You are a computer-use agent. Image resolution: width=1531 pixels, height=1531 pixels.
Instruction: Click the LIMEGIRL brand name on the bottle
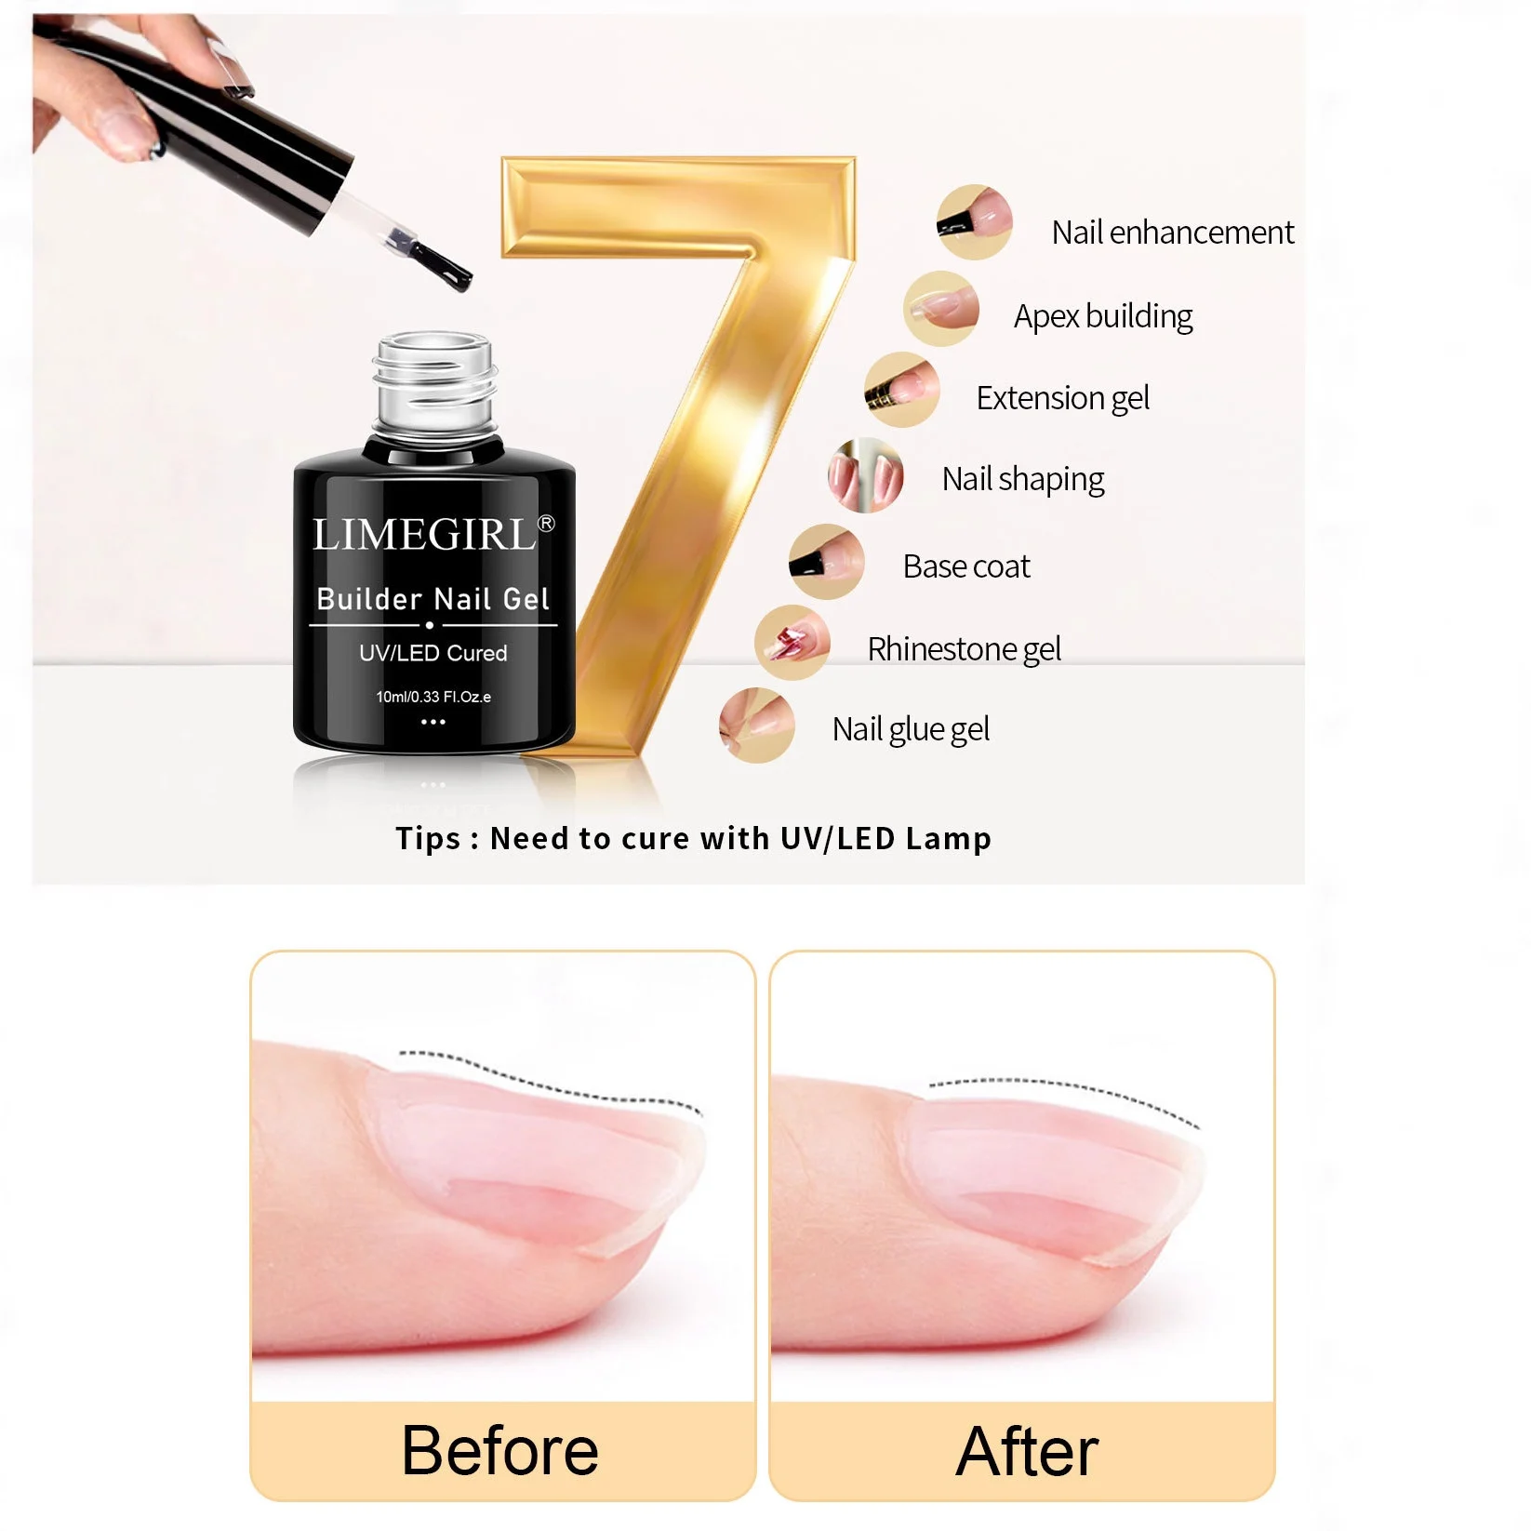click(x=424, y=535)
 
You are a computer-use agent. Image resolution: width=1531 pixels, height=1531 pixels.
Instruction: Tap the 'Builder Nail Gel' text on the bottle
click(x=433, y=599)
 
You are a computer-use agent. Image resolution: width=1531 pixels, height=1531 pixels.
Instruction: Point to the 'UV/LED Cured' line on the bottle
click(x=433, y=653)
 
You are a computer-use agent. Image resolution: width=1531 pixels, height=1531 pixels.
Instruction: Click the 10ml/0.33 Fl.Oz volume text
click(x=433, y=697)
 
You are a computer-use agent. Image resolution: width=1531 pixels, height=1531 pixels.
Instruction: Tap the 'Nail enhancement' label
click(x=1172, y=233)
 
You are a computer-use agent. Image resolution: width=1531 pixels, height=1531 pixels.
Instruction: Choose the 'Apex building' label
click(x=1103, y=317)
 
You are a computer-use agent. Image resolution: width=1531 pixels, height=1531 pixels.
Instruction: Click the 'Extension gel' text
click(x=1062, y=398)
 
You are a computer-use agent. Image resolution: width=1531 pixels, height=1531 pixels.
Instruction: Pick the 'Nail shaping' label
click(x=1023, y=480)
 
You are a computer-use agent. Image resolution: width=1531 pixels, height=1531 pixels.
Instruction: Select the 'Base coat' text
click(x=966, y=566)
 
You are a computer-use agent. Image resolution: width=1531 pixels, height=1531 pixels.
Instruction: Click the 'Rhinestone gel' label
click(x=964, y=648)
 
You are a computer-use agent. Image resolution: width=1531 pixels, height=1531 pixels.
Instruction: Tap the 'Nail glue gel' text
click(x=911, y=729)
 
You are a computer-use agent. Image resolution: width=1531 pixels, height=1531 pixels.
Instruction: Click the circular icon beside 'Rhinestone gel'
click(x=792, y=643)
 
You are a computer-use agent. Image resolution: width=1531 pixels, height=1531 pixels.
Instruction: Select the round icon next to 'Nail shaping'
click(x=865, y=475)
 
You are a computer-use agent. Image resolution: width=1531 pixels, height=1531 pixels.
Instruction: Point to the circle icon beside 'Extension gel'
click(x=901, y=390)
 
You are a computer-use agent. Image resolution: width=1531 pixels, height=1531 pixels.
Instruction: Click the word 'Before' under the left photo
click(x=500, y=1450)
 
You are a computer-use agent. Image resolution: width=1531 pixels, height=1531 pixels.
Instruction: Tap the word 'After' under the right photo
click(x=1027, y=1450)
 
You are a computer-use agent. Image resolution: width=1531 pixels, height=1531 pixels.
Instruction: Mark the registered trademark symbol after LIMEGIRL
click(x=547, y=524)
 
